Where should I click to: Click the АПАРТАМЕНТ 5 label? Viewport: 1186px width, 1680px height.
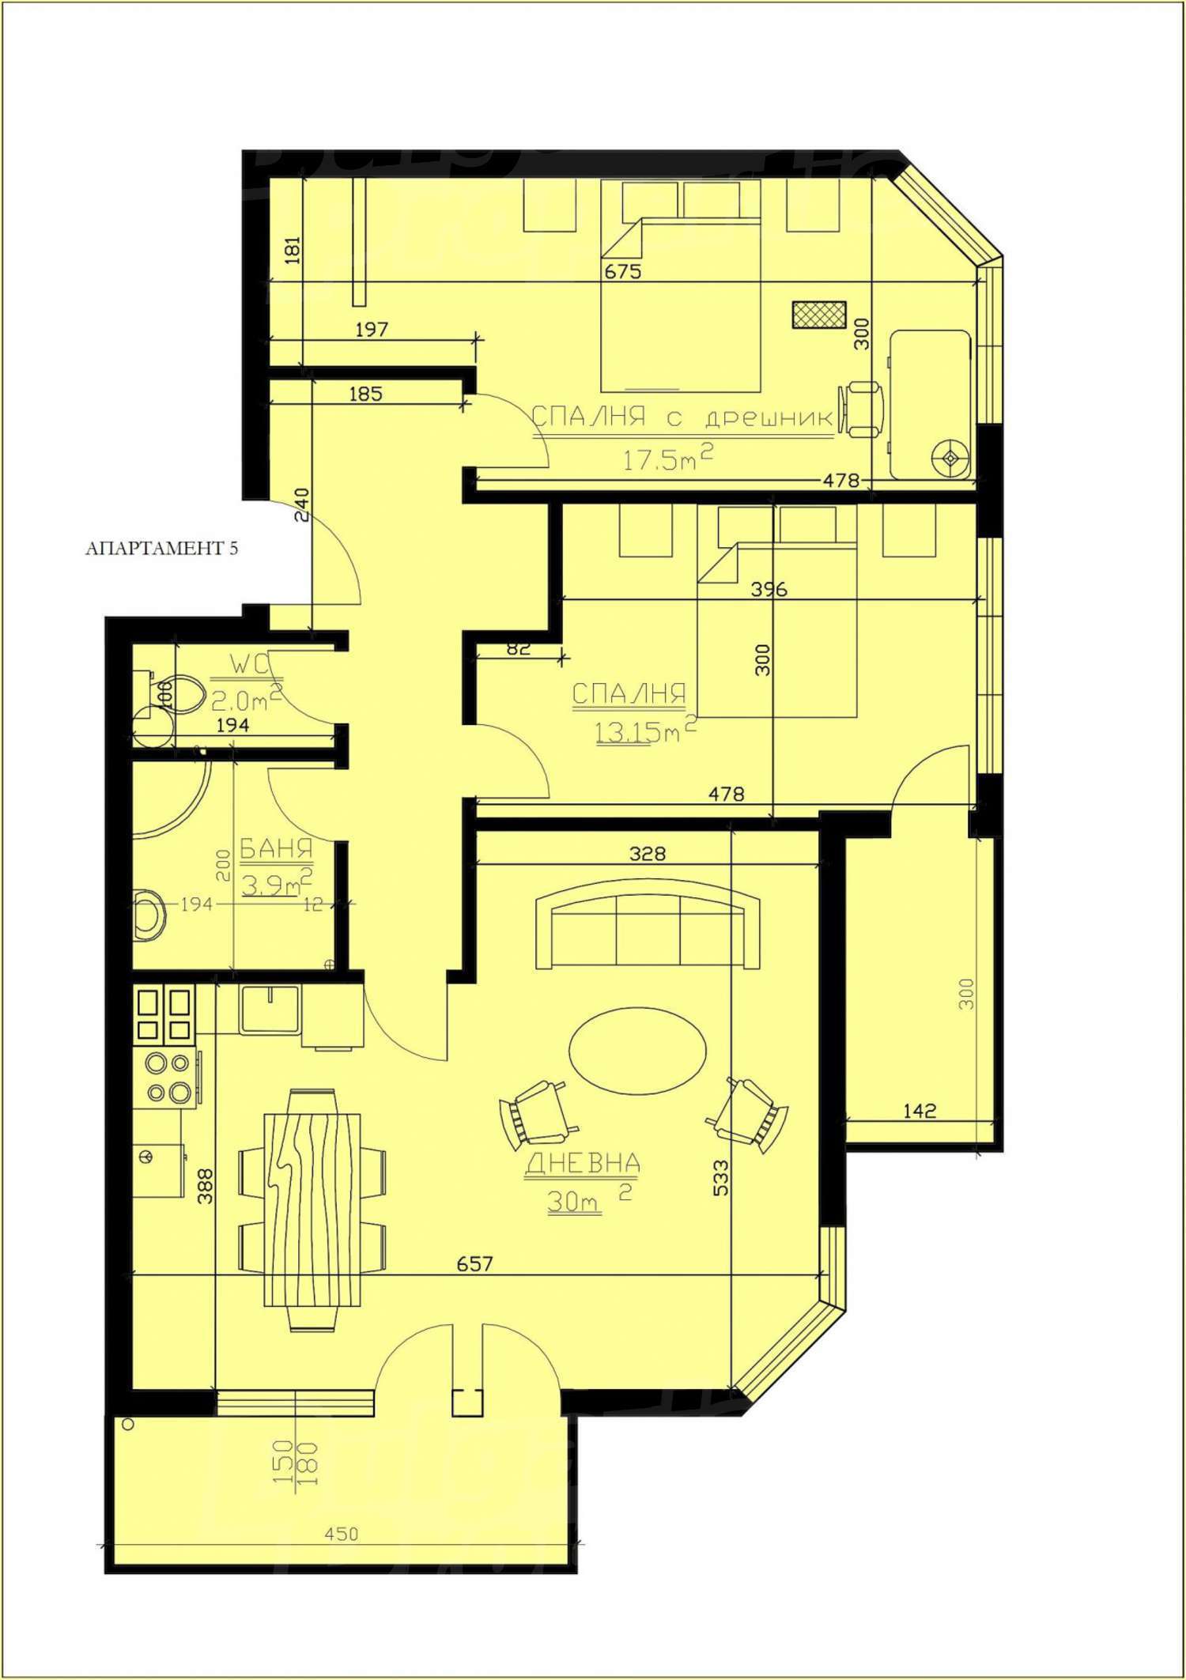click(161, 548)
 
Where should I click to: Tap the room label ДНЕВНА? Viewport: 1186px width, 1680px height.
click(583, 1163)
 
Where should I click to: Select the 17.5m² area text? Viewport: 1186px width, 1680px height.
click(667, 459)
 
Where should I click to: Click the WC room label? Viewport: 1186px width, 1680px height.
click(250, 665)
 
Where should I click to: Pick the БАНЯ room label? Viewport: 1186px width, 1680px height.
click(276, 850)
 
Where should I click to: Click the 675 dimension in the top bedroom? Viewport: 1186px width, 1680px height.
click(623, 271)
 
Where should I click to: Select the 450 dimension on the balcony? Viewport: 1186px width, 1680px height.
click(342, 1534)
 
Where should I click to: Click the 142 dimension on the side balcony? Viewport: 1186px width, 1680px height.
click(920, 1111)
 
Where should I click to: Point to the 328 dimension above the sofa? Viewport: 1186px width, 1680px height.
click(648, 853)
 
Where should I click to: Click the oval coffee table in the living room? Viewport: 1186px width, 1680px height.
click(637, 1052)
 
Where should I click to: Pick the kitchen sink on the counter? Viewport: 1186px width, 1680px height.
click(270, 1010)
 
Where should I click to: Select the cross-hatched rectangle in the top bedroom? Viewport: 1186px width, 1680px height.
click(819, 314)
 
